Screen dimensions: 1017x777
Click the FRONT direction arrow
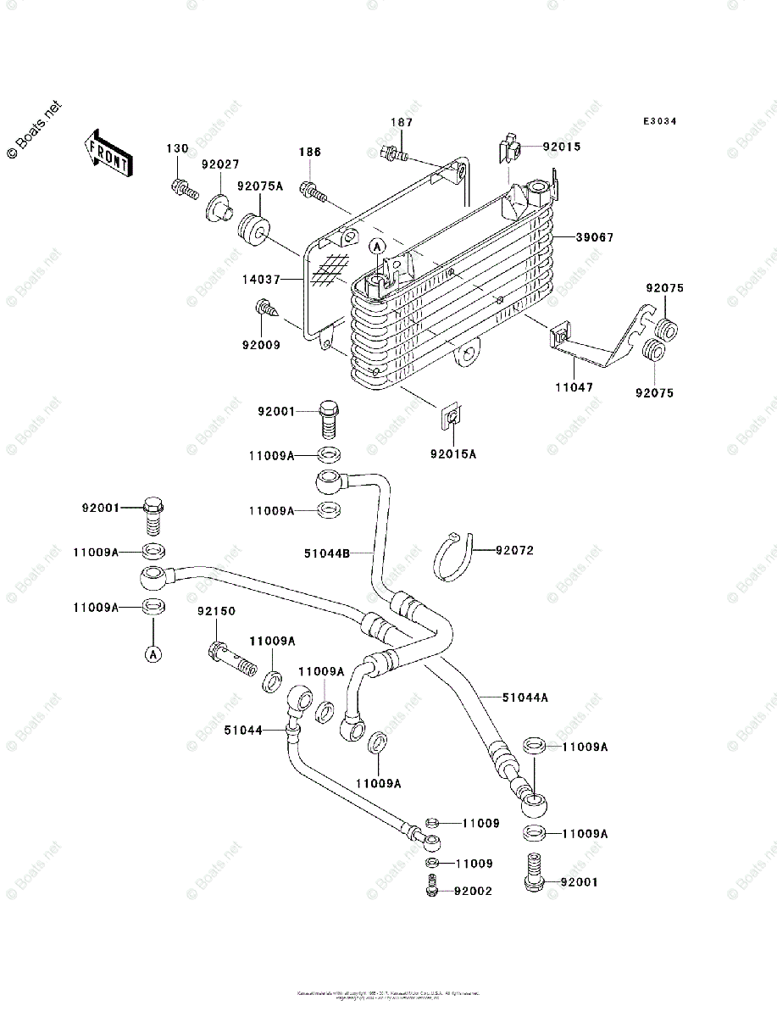107,153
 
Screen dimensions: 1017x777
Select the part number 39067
596,238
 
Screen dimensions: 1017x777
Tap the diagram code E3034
658,121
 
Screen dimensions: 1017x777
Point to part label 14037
261,278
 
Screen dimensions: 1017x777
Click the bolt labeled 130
181,187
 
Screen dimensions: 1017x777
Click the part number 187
401,123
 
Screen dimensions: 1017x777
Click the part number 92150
217,611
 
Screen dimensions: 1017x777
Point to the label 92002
473,892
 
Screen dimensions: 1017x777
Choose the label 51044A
525,697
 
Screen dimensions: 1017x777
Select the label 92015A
453,454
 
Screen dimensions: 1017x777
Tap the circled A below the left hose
153,653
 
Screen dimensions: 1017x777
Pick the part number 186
309,153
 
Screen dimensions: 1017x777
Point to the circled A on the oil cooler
378,246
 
